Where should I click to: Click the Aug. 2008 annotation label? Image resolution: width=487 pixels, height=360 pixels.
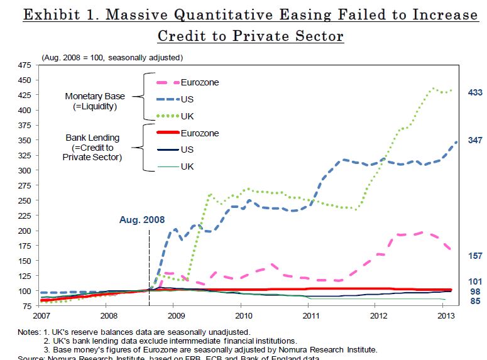click(142, 220)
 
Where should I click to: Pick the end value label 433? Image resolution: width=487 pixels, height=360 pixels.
click(475, 92)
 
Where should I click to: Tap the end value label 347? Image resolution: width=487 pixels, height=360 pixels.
click(475, 139)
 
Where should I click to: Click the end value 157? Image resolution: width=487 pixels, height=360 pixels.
click(475, 256)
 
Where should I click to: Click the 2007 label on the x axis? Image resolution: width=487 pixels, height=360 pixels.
click(42, 315)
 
